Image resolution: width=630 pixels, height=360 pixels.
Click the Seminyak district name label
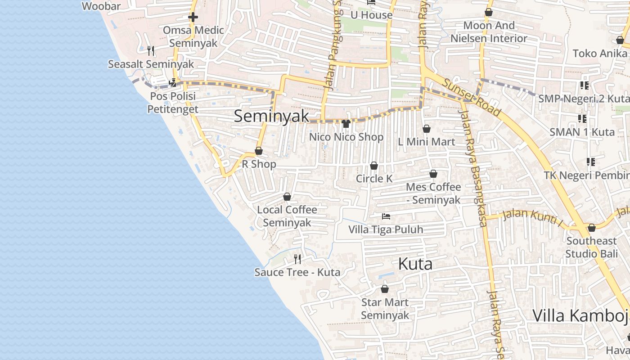point(271,116)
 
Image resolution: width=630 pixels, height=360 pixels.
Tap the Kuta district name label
point(415,264)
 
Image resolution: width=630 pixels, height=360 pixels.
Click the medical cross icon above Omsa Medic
point(193,18)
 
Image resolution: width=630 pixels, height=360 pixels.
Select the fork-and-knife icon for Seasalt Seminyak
point(151,50)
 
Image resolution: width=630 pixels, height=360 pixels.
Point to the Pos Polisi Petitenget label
point(173,103)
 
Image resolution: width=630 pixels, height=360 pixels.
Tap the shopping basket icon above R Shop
point(259,151)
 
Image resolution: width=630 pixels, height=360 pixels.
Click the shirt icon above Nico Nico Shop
point(346,124)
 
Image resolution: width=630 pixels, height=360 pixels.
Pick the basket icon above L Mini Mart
point(427,129)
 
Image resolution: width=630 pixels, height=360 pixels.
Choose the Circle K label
point(374,179)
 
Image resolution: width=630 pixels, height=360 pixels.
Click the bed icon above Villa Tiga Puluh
point(386,216)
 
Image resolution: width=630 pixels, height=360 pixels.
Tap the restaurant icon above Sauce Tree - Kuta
point(297,259)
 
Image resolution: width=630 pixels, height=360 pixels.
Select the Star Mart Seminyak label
point(385,309)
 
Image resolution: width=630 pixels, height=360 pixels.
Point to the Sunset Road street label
point(471,97)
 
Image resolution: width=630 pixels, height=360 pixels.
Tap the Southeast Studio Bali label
point(592,247)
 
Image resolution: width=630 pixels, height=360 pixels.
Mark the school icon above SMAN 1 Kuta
point(582,119)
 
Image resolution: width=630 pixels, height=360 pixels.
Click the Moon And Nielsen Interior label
point(489,32)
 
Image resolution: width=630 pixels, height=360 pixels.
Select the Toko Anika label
point(600,54)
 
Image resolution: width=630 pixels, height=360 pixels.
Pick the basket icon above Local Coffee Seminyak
point(287,197)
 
